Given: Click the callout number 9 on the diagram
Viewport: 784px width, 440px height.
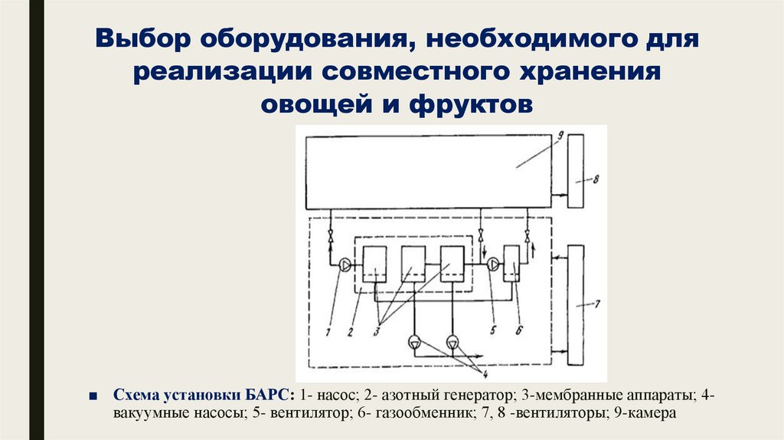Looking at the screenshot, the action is pyautogui.click(x=561, y=135).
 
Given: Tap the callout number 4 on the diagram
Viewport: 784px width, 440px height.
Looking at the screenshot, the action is pyautogui.click(x=484, y=373).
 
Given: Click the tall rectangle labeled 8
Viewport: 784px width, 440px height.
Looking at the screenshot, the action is pyautogui.click(x=576, y=169).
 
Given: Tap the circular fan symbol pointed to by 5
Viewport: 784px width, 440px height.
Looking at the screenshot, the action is pyautogui.click(x=493, y=264).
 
